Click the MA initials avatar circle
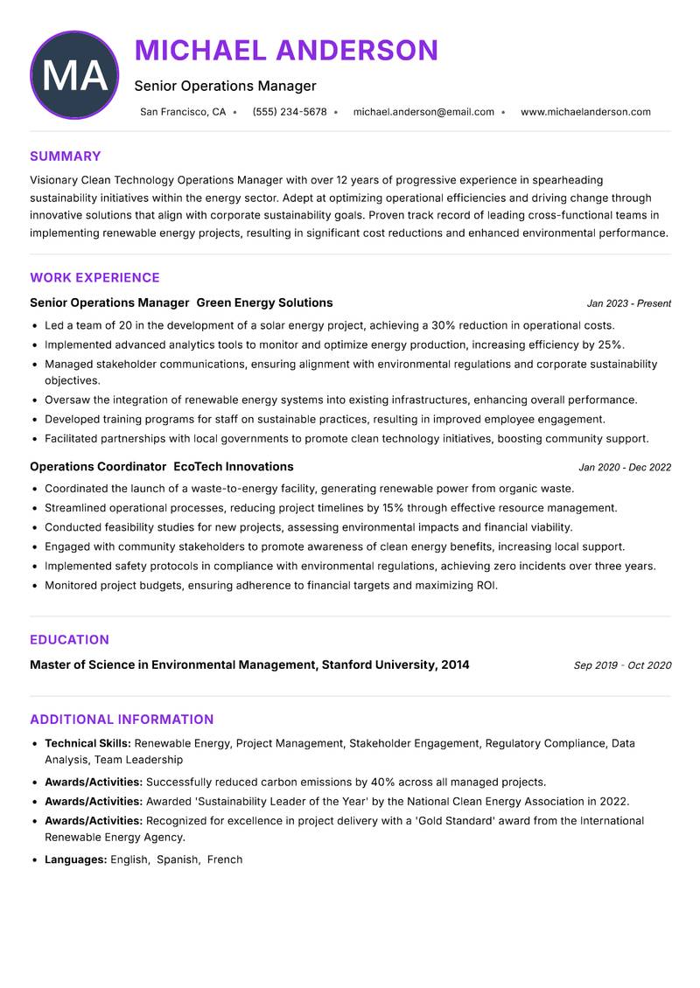(x=74, y=75)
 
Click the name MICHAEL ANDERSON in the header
(x=286, y=51)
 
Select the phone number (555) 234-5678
(x=289, y=112)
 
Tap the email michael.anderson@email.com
(x=423, y=112)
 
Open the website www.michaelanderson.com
(x=585, y=112)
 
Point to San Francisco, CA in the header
(x=182, y=112)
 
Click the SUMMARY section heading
(x=66, y=157)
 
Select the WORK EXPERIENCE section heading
(x=94, y=278)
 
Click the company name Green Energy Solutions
(x=264, y=303)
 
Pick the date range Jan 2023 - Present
(x=628, y=304)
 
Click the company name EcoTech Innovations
(x=234, y=467)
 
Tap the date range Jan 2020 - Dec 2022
(x=624, y=468)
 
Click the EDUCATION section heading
(x=69, y=640)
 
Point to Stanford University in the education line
(x=379, y=665)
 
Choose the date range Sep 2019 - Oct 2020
(x=622, y=666)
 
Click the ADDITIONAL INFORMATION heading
(x=122, y=720)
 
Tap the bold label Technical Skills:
(x=87, y=744)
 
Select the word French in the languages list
(x=225, y=860)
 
